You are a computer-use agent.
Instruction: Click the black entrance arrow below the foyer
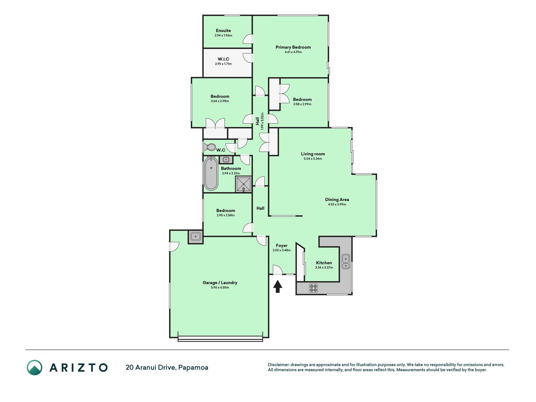click(x=278, y=286)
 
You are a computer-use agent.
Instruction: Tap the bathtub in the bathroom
click(x=211, y=174)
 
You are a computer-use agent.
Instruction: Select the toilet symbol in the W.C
click(x=209, y=147)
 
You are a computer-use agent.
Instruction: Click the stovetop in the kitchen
click(x=313, y=288)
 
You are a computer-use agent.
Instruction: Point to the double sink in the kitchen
click(x=346, y=262)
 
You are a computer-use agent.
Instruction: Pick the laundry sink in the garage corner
click(x=196, y=237)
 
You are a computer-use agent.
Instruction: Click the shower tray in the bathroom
click(x=244, y=184)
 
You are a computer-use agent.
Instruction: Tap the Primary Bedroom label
click(x=293, y=47)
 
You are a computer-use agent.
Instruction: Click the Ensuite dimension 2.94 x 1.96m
click(x=223, y=35)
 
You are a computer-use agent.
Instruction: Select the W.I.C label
click(x=223, y=59)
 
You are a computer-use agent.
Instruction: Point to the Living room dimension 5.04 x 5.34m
click(x=313, y=159)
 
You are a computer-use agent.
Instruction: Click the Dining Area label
click(x=337, y=199)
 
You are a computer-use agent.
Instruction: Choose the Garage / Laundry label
click(x=220, y=283)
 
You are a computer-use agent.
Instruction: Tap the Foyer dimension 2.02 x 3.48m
click(x=282, y=250)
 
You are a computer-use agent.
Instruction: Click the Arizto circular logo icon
click(x=35, y=367)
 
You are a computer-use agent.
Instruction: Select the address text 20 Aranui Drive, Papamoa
click(x=167, y=367)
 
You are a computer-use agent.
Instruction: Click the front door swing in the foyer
click(x=278, y=270)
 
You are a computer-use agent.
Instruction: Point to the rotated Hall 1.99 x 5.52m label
click(x=259, y=121)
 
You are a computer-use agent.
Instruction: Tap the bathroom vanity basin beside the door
click(x=226, y=160)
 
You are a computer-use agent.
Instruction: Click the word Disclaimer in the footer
click(x=278, y=365)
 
